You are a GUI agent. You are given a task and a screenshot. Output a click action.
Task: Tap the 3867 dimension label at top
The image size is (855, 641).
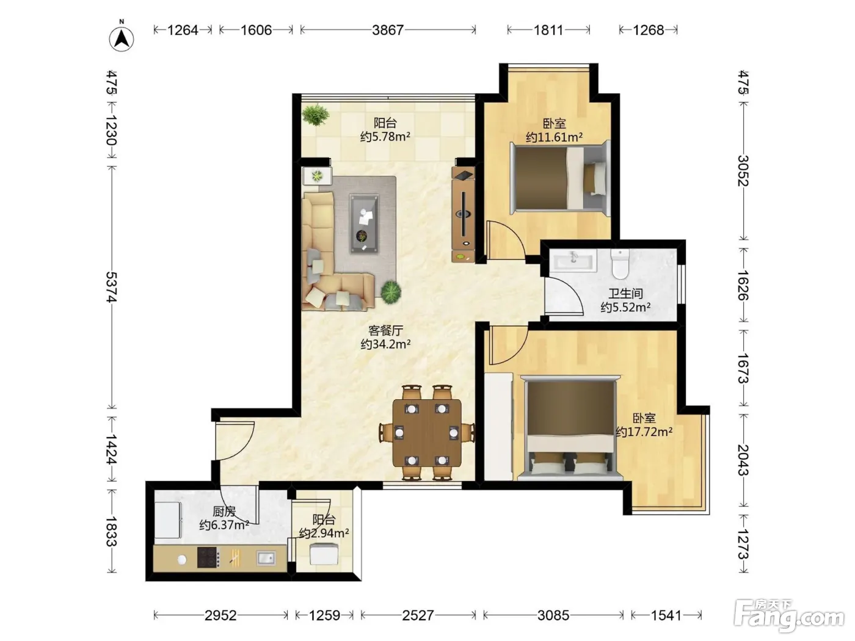coord(388,30)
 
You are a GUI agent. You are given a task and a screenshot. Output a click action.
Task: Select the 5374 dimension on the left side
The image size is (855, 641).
coord(111,287)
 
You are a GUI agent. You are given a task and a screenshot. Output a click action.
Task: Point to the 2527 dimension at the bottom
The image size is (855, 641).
coord(418,615)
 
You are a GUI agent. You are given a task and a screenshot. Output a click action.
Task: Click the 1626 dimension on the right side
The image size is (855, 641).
coord(743,285)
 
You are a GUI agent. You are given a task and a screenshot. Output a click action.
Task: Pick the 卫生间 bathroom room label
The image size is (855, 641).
coord(625,294)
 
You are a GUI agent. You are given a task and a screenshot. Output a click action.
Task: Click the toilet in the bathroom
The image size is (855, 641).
coord(620,264)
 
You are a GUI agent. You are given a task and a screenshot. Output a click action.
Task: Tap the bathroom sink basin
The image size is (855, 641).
coord(573,260)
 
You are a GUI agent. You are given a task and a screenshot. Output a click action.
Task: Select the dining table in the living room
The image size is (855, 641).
coord(427,433)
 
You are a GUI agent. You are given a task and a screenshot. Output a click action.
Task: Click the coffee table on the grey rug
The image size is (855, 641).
coord(364,224)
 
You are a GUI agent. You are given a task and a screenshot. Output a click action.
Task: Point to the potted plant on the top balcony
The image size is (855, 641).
coord(316,114)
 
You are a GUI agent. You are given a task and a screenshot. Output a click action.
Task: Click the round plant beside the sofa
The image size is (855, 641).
coord(391,292)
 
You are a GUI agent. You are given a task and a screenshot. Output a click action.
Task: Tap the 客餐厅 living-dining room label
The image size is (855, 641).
coord(385,331)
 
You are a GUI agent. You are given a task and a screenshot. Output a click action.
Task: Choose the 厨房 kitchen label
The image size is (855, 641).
coord(224,511)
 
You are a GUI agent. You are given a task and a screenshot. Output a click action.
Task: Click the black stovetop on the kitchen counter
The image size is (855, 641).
coord(208,558)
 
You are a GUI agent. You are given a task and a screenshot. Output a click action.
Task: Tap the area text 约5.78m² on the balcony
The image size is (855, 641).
coord(385,137)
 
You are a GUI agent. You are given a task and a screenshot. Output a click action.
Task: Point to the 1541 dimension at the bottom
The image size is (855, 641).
coord(666,615)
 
